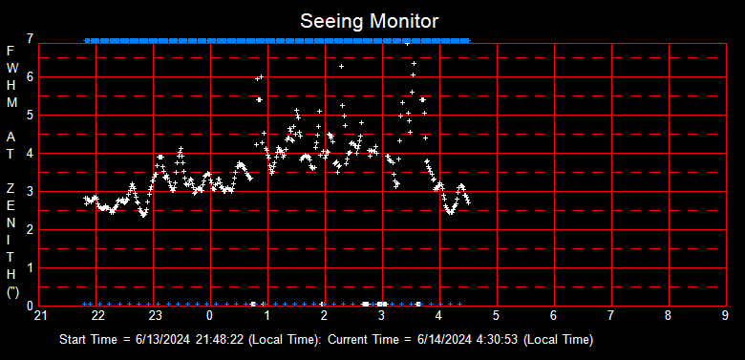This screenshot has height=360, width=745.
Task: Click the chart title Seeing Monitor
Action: [371, 20]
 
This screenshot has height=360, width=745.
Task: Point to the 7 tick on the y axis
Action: [32, 38]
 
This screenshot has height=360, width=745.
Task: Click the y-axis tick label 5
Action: [32, 115]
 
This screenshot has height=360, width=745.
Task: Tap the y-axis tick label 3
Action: [32, 191]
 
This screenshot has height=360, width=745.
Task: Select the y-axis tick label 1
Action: [32, 267]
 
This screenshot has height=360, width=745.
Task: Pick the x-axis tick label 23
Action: [155, 315]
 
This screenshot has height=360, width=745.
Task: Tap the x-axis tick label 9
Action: [726, 315]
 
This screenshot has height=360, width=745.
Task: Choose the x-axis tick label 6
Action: [554, 315]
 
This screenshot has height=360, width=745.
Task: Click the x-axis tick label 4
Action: [439, 315]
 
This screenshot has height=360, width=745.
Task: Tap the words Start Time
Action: [88, 340]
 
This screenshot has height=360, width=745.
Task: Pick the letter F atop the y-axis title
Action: [11, 51]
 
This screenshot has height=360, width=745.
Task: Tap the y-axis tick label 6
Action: [32, 76]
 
